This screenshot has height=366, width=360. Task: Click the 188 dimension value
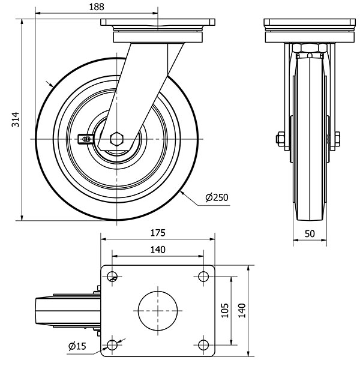click(96, 7)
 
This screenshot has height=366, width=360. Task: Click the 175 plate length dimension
click(157, 232)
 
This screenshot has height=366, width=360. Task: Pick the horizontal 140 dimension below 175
click(157, 250)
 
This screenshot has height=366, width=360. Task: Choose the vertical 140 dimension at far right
click(242, 310)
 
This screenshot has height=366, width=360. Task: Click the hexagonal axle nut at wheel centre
click(116, 139)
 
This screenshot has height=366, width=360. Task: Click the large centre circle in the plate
click(158, 310)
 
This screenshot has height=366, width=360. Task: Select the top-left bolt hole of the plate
click(112, 276)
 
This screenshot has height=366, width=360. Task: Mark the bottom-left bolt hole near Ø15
click(112, 344)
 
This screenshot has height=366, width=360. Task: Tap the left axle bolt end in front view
click(280, 139)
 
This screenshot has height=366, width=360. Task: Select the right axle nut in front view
click(336, 139)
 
